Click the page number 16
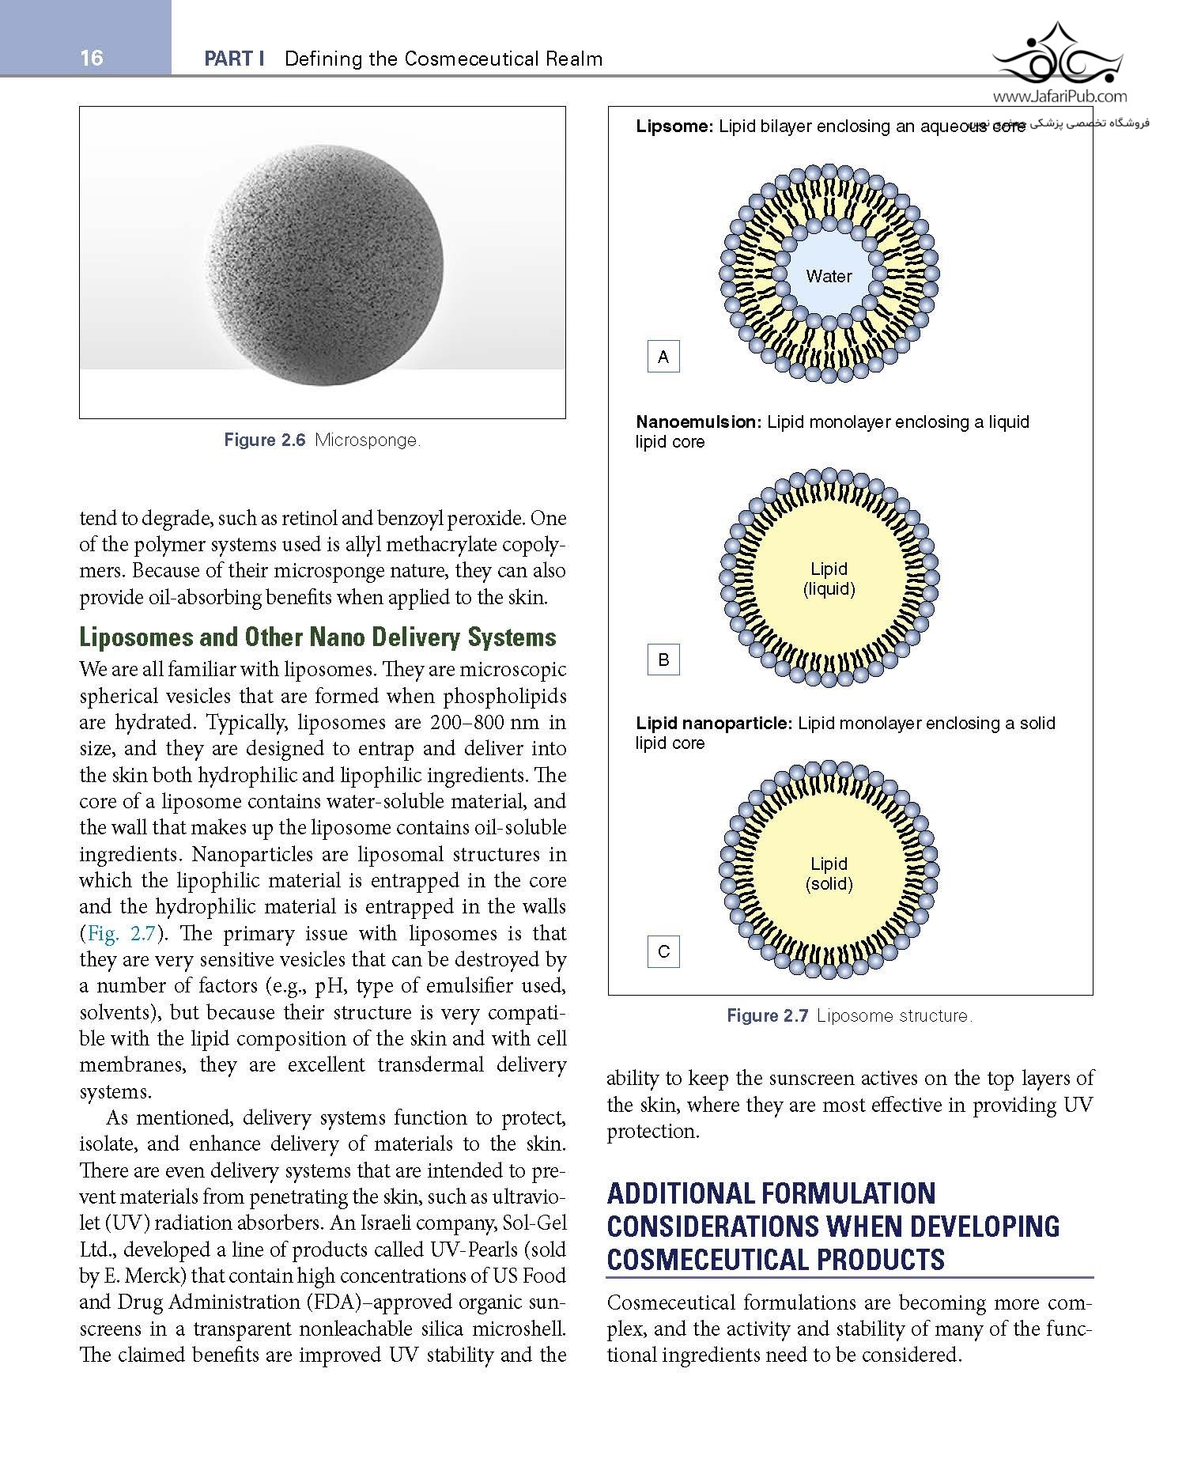[x=92, y=58]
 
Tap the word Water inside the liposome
[x=829, y=276]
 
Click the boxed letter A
[x=663, y=357]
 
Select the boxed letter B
[x=663, y=660]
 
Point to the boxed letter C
[x=663, y=951]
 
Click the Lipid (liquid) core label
[x=829, y=579]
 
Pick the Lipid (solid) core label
[x=829, y=874]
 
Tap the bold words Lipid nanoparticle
[x=713, y=723]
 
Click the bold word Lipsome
[x=674, y=127]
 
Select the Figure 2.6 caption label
[x=264, y=440]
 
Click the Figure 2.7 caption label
[x=767, y=1016]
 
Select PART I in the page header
[x=234, y=59]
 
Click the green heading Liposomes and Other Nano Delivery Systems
[x=318, y=637]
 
